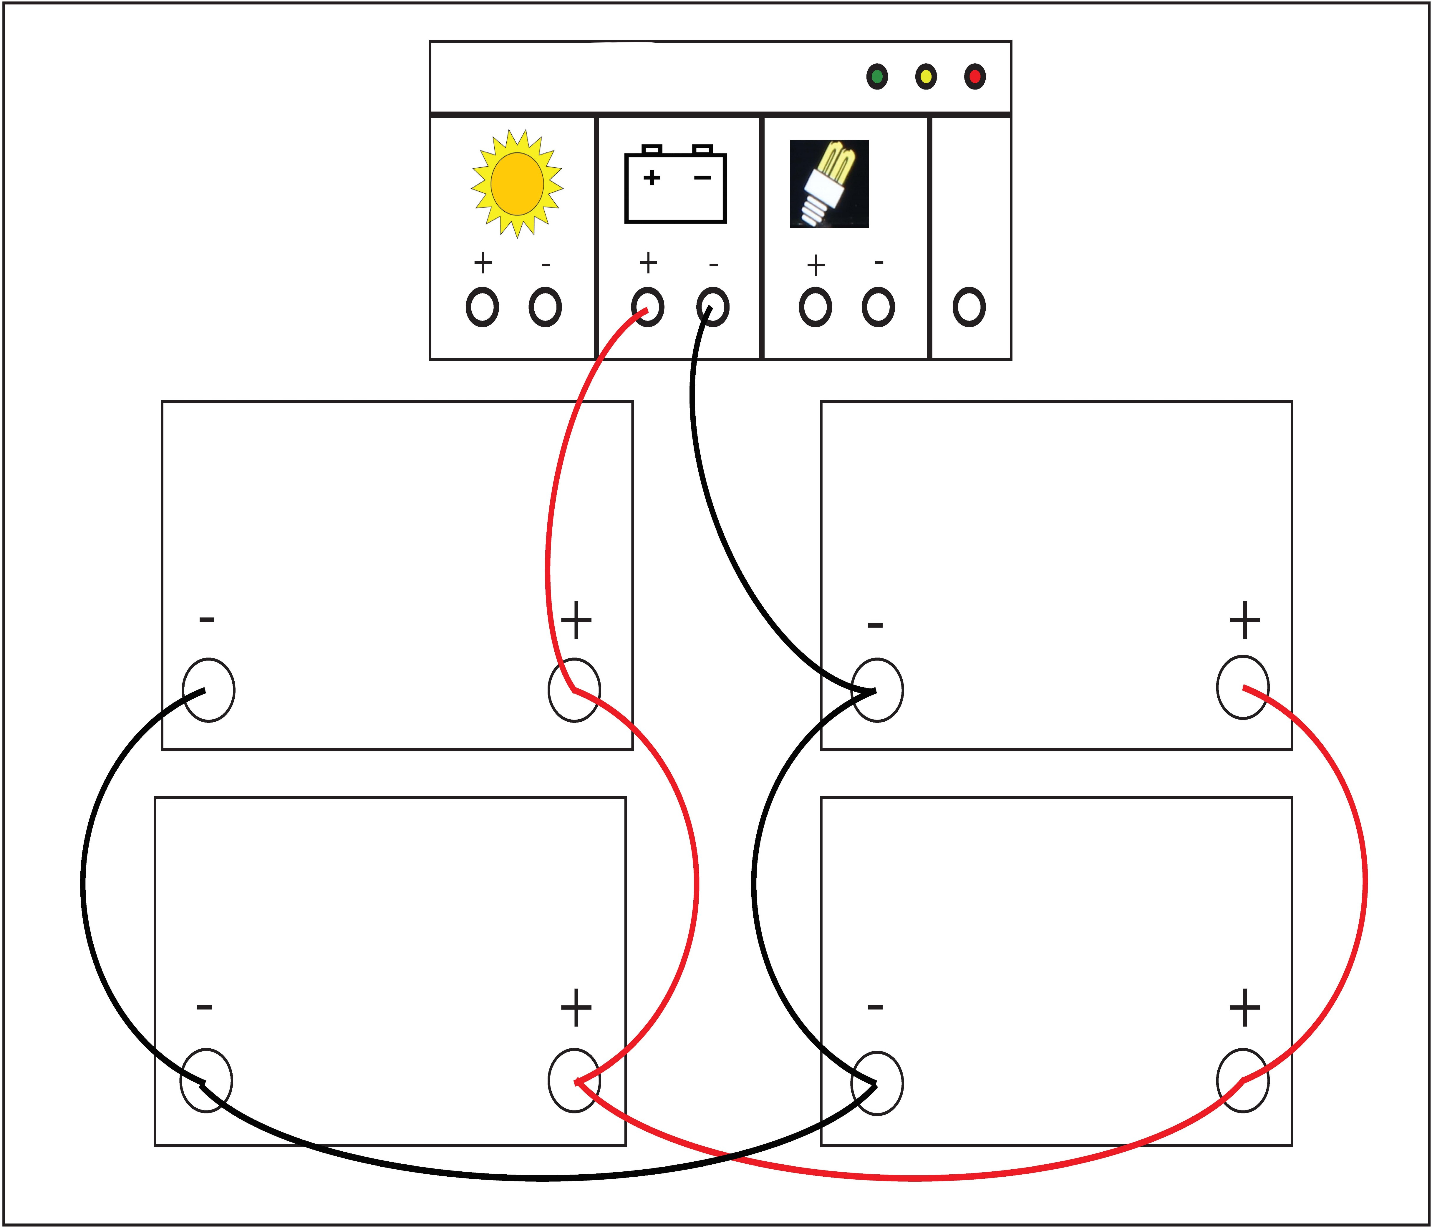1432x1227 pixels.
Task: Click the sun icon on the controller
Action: [x=517, y=183]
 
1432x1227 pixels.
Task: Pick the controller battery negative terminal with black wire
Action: [x=712, y=307]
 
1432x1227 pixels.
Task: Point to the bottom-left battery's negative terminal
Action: [x=206, y=1080]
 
